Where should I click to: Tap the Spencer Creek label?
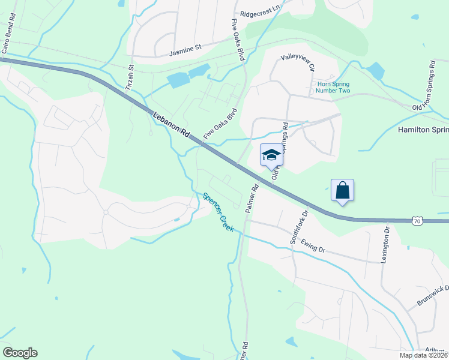coord(218,212)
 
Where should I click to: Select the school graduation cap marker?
coord(271,155)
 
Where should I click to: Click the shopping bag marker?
coord(342,190)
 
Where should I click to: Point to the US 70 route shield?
coord(418,221)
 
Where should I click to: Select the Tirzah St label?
coord(130,77)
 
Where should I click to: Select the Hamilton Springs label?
coord(423,130)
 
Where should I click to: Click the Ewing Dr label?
coord(313,247)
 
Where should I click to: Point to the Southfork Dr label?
coord(298,226)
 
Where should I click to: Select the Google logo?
coord(20,353)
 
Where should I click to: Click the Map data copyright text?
coord(423,355)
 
